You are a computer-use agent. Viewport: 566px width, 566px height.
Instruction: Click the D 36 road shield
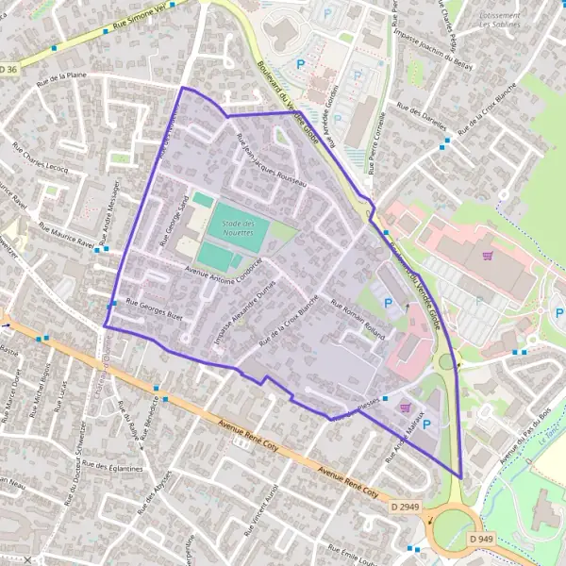pyautogui.click(x=8, y=69)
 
